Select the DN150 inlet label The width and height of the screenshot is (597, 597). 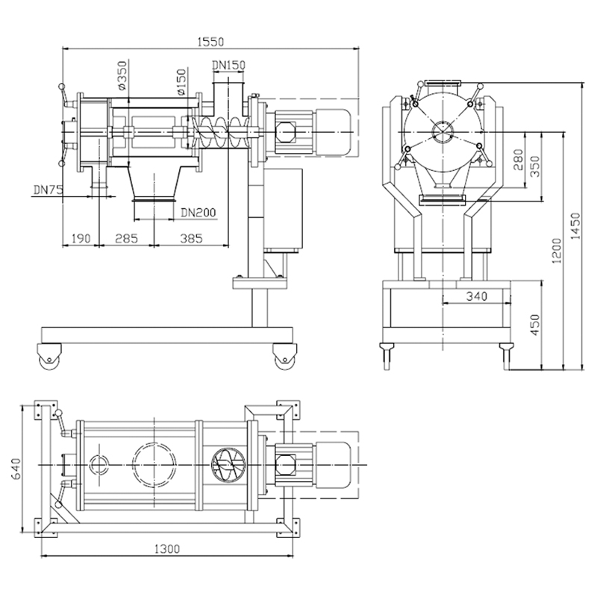coord(228,66)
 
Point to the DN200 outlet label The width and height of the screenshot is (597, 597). coord(198,213)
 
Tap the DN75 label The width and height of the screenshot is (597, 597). coord(46,190)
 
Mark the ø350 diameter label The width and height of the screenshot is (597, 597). coord(122,75)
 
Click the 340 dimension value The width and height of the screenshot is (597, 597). coord(476,296)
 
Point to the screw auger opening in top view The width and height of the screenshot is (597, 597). coord(227,464)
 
